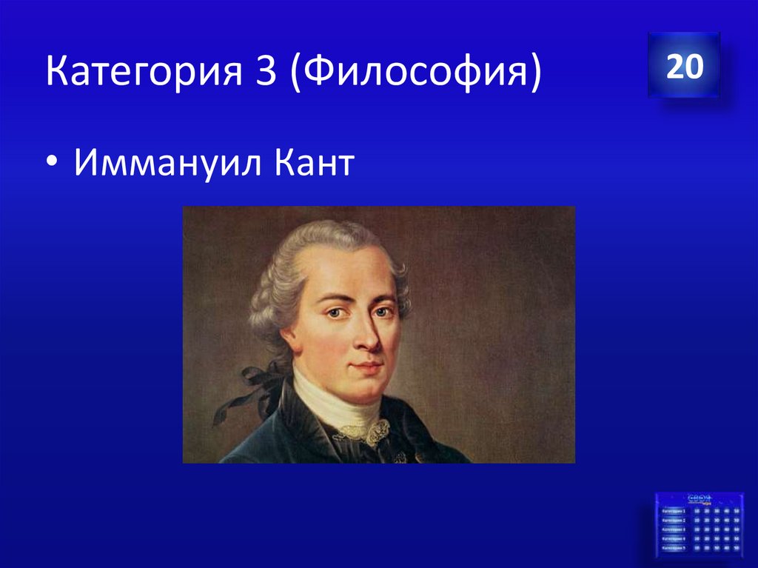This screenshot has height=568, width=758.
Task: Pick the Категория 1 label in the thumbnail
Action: tap(674, 511)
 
